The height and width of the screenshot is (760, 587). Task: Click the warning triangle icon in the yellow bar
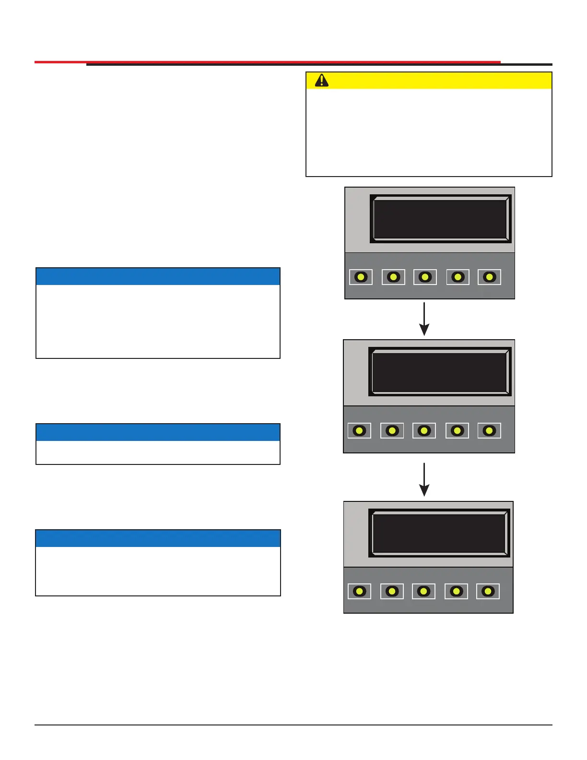(322, 81)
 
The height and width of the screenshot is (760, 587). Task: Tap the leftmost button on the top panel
(361, 277)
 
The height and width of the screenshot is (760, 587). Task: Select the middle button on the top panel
(425, 277)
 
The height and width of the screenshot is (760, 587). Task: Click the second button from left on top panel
(393, 277)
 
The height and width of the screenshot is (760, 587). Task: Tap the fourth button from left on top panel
(458, 277)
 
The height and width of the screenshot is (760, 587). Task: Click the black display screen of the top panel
(440, 219)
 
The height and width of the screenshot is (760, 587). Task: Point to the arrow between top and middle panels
(424, 319)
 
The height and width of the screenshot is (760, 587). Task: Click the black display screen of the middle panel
(439, 372)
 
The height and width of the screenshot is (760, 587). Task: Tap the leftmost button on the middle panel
(359, 430)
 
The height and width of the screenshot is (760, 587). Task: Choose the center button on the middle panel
(424, 430)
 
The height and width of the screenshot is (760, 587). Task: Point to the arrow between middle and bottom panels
(424, 479)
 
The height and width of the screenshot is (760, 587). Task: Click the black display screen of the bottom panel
(439, 533)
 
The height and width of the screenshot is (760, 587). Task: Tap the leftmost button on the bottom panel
(359, 591)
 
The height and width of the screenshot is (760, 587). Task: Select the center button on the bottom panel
(423, 591)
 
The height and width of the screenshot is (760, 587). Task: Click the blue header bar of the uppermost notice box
(158, 276)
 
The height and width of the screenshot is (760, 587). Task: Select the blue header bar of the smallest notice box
(158, 432)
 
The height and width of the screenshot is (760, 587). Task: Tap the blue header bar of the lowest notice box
(158, 538)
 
